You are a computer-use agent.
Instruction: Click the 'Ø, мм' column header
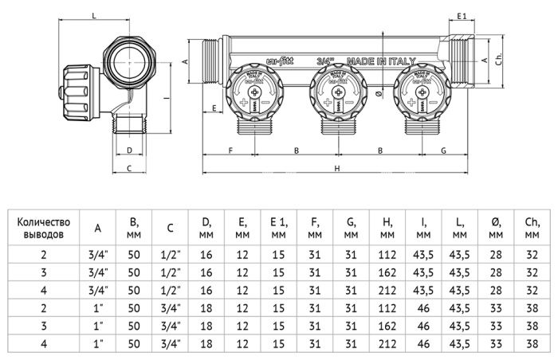(495, 228)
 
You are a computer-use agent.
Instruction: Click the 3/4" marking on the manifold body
(325, 61)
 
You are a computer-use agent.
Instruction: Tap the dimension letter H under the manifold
(337, 168)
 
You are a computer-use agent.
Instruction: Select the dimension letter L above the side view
(94, 15)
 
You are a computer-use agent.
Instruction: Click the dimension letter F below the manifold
(230, 150)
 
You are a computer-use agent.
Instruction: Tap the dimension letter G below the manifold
(443, 150)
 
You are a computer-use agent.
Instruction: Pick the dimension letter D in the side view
(129, 149)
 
